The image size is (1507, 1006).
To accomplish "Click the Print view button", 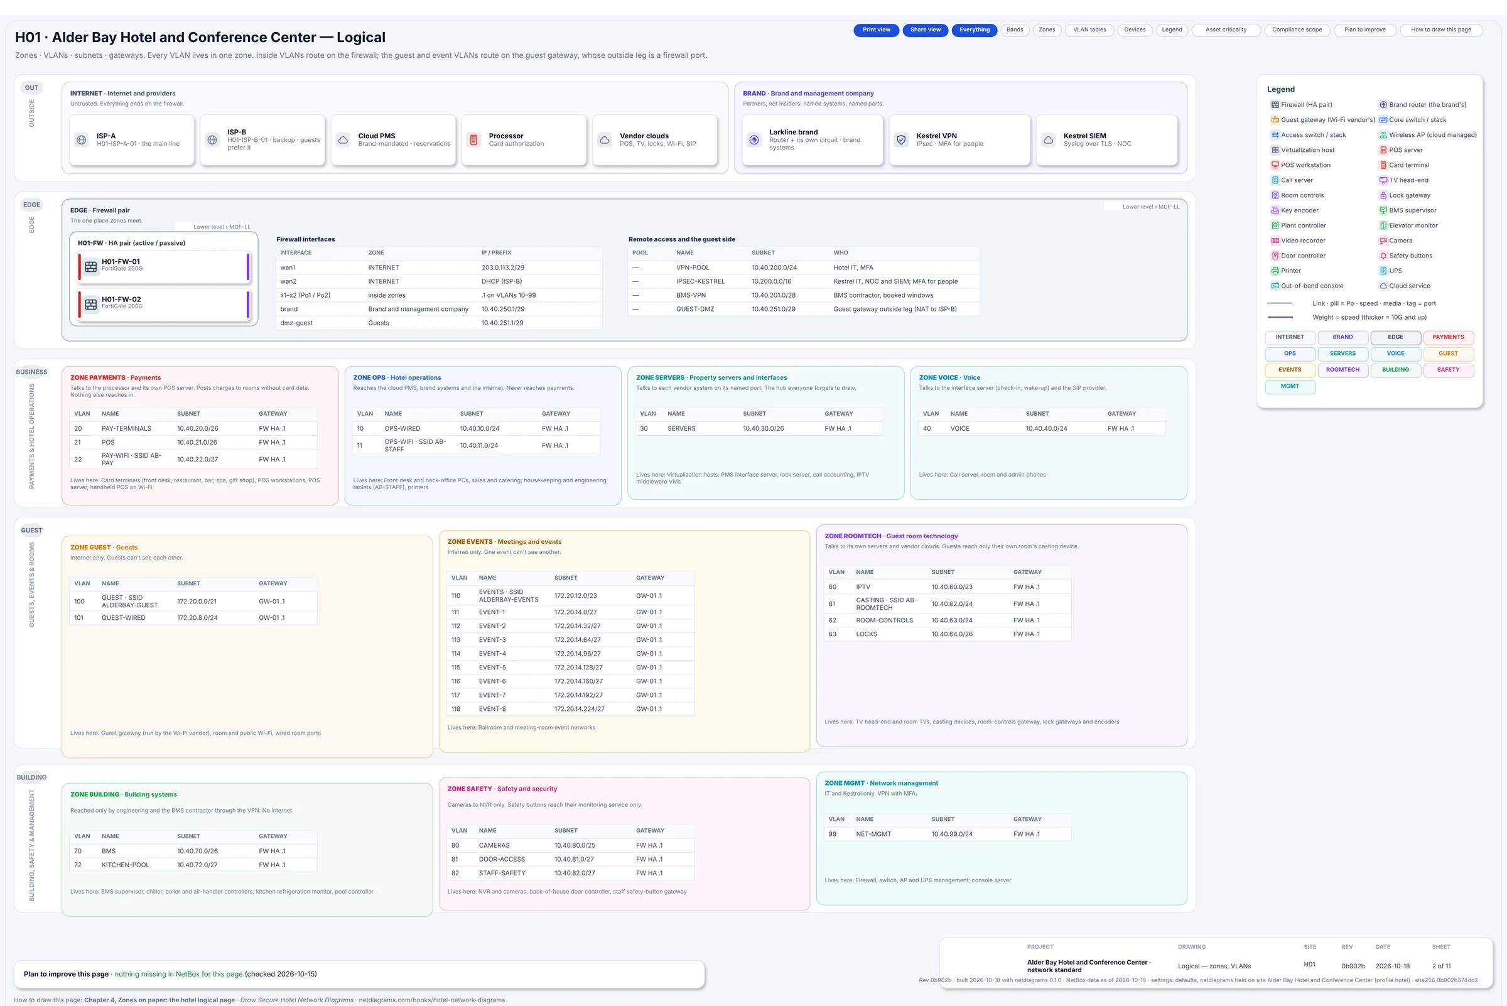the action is click(876, 30).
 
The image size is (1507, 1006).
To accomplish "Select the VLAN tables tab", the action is click(1089, 30).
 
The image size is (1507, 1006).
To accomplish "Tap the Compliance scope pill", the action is click(1297, 30).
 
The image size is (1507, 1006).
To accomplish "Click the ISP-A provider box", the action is click(132, 140).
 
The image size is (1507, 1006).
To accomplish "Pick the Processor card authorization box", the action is click(524, 140).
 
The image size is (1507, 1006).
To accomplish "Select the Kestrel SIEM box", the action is click(1106, 140).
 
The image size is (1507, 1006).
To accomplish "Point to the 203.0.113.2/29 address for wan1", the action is click(503, 268).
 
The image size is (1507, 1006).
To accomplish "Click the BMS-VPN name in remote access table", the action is click(691, 295).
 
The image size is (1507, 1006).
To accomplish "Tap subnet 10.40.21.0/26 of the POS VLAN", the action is click(197, 443).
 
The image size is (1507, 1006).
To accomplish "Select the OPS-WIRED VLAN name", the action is click(402, 428).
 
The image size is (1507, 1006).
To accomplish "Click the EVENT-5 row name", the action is click(492, 668).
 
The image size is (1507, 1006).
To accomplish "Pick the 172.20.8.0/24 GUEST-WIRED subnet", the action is click(197, 618).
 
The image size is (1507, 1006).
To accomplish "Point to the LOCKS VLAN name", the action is click(866, 634).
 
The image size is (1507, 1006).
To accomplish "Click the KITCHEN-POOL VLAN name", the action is click(125, 865).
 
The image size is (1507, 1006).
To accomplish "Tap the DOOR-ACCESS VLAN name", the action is click(502, 859).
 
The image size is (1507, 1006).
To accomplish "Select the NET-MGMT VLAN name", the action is click(873, 834).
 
